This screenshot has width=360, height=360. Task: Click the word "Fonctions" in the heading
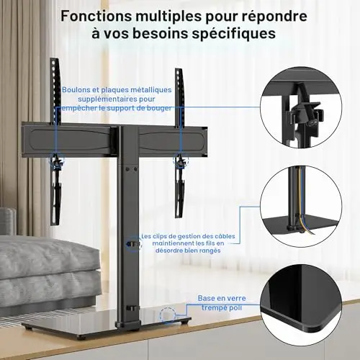pyautogui.click(x=96, y=17)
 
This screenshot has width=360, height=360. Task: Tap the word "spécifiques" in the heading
pyautogui.click(x=233, y=34)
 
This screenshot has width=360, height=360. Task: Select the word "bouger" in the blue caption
pyautogui.click(x=160, y=109)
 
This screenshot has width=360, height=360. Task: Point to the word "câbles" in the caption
pyautogui.click(x=224, y=236)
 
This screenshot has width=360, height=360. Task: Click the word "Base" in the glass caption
pyautogui.click(x=206, y=298)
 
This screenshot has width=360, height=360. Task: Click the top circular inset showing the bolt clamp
pyautogui.click(x=301, y=107)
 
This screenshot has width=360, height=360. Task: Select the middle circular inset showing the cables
pyautogui.click(x=301, y=207)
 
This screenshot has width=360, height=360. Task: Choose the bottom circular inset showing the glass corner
pyautogui.click(x=301, y=305)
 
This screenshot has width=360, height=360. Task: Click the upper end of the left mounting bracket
pyautogui.click(x=55, y=59)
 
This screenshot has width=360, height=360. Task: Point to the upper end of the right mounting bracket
pyautogui.click(x=179, y=70)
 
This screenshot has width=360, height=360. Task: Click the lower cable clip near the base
pyautogui.click(x=132, y=308)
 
